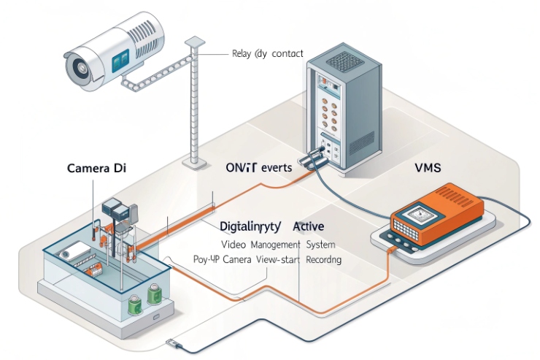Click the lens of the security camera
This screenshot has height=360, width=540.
[78, 67]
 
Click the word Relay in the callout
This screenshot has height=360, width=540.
[241, 53]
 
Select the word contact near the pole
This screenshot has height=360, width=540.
[288, 53]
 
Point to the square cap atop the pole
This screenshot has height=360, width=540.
[193, 43]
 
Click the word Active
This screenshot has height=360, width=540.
[308, 227]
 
